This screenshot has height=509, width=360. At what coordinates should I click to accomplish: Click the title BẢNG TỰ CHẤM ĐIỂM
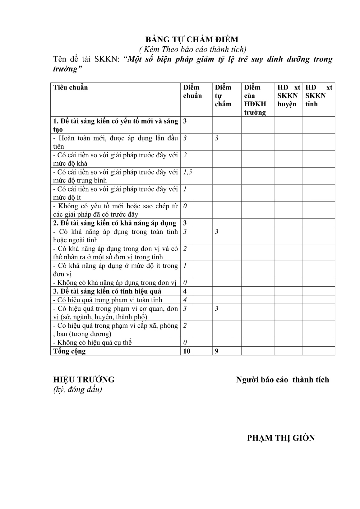192,39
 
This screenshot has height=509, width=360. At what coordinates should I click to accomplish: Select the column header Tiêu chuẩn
71,87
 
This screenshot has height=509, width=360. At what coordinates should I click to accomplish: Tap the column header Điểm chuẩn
192,91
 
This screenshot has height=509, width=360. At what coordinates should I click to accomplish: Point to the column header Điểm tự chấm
223,95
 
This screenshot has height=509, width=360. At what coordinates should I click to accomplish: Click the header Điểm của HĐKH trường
255,99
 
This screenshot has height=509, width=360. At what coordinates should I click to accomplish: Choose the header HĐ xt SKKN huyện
288,95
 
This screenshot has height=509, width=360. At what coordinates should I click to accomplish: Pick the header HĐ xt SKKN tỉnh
319,95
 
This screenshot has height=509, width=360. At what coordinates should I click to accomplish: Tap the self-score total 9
217,351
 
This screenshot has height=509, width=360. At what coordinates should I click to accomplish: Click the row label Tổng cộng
69,351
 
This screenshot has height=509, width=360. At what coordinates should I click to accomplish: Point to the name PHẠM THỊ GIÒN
281,438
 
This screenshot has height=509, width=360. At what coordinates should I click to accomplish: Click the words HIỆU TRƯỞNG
84,380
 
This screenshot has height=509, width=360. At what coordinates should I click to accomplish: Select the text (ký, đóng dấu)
78,389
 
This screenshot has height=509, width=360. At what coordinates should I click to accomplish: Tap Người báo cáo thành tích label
282,380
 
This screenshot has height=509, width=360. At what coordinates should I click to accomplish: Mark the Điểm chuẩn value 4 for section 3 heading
185,291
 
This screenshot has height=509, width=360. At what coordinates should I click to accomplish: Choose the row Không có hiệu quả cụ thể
93,343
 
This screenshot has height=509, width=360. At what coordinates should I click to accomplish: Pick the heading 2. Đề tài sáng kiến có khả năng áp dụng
115,223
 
